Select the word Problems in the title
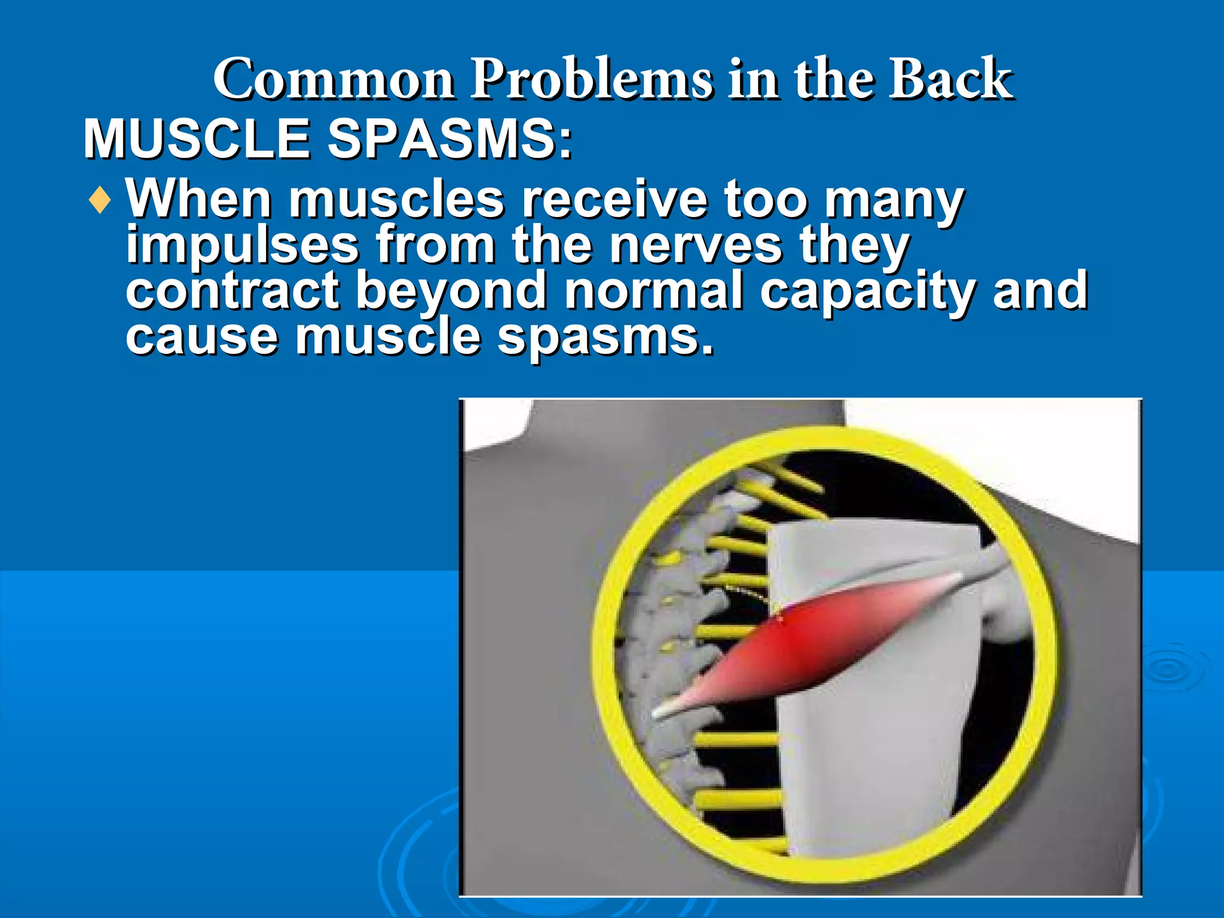click(x=592, y=79)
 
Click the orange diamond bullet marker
click(x=99, y=201)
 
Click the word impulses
click(x=242, y=245)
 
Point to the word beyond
click(x=451, y=290)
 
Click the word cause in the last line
click(x=202, y=336)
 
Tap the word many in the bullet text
click(x=894, y=200)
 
